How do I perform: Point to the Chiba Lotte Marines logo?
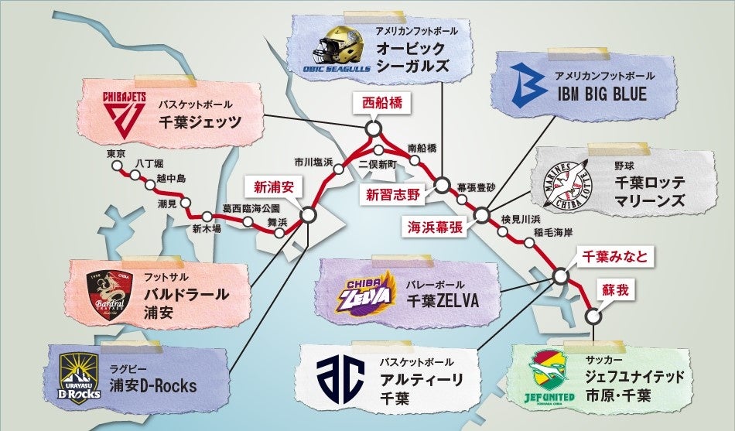573,186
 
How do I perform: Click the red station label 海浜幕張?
437,226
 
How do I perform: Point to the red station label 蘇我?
617,289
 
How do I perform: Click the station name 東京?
117,153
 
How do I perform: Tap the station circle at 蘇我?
593,316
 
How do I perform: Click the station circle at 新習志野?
441,185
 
